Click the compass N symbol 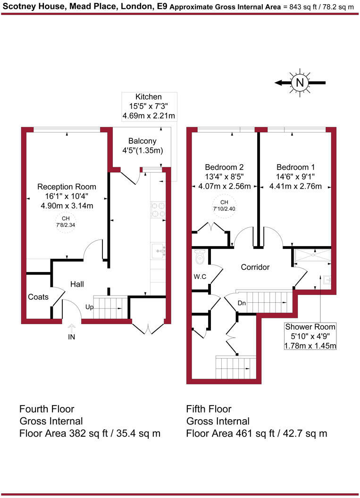point(299,83)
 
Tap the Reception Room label point(67,186)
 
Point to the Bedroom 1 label point(295,167)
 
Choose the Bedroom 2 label point(224,167)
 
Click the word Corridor point(255,267)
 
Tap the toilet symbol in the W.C point(199,257)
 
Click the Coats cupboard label point(38,297)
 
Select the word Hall point(77,284)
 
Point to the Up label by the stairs point(89,307)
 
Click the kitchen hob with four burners point(157,209)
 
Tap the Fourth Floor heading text point(47,408)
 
